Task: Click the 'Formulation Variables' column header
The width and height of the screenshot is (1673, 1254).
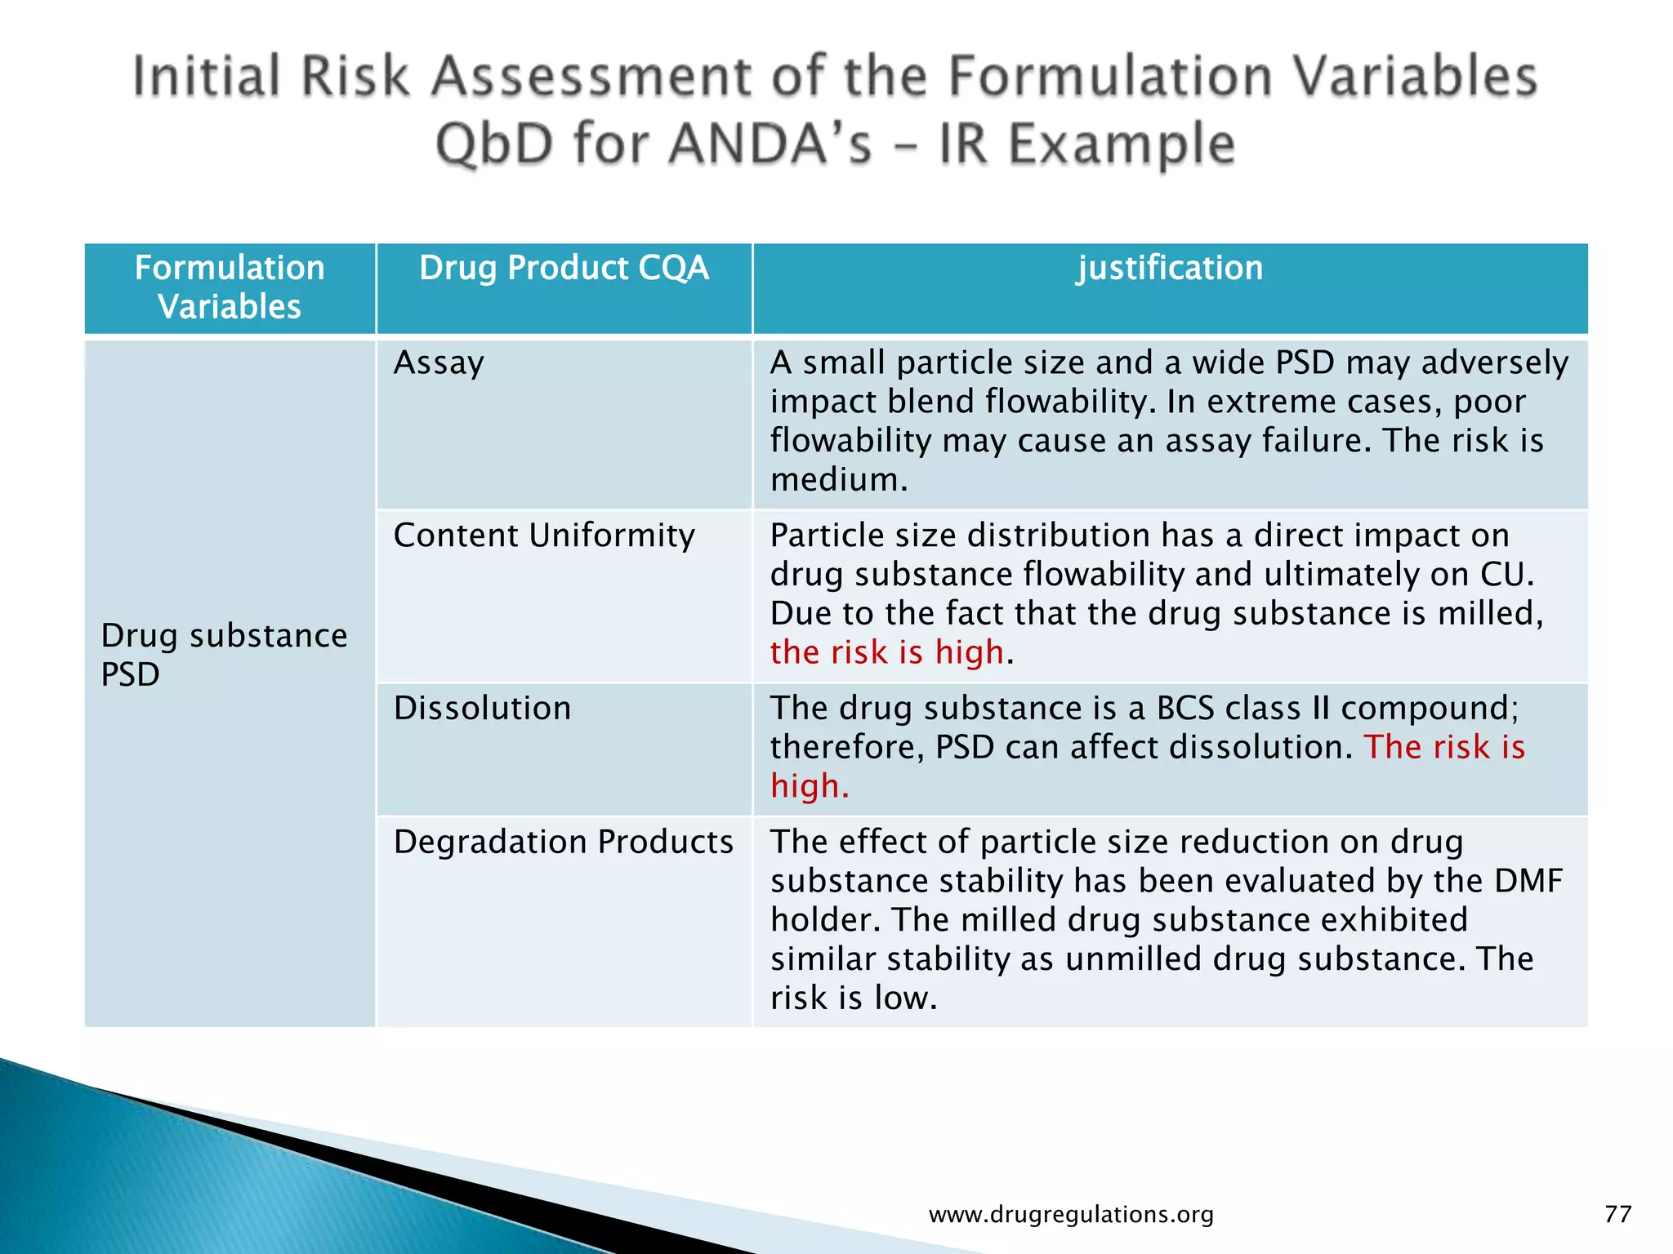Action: pyautogui.click(x=230, y=287)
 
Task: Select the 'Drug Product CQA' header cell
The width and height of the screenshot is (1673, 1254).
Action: pyautogui.click(x=564, y=269)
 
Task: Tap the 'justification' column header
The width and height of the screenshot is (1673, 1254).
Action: pyautogui.click(x=1170, y=269)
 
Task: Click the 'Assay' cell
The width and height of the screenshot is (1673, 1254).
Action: pyautogui.click(x=439, y=362)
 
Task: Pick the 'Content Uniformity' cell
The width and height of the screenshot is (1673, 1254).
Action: pyautogui.click(x=544, y=536)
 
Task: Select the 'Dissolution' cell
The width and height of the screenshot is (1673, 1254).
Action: pyautogui.click(x=482, y=708)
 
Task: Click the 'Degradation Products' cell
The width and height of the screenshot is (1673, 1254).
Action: pyautogui.click(x=564, y=842)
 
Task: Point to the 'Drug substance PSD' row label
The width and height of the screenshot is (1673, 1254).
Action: pyautogui.click(x=224, y=655)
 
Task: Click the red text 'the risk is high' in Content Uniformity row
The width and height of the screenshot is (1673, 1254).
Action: pyautogui.click(x=886, y=652)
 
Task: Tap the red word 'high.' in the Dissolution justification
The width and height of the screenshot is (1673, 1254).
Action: pyautogui.click(x=809, y=786)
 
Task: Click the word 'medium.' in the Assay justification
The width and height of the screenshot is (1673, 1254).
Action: pyautogui.click(x=838, y=480)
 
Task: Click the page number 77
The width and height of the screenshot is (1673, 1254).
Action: pyautogui.click(x=1617, y=1214)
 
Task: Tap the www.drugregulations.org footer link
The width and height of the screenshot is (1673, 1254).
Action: pyautogui.click(x=1071, y=1215)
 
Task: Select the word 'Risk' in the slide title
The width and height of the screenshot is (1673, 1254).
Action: pyautogui.click(x=354, y=77)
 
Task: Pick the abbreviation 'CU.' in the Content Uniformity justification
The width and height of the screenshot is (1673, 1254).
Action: pyautogui.click(x=1507, y=575)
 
